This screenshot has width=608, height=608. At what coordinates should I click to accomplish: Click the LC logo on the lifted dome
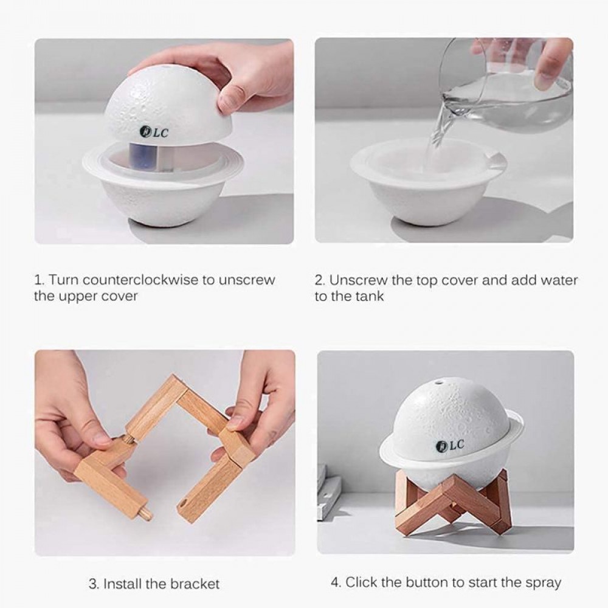click(x=154, y=132)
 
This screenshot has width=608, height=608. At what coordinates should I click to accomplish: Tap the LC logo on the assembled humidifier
click(x=450, y=445)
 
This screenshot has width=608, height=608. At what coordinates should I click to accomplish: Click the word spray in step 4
click(x=543, y=583)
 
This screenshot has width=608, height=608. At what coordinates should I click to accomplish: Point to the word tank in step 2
click(x=370, y=296)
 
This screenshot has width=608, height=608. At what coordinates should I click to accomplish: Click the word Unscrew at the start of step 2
click(x=358, y=280)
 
